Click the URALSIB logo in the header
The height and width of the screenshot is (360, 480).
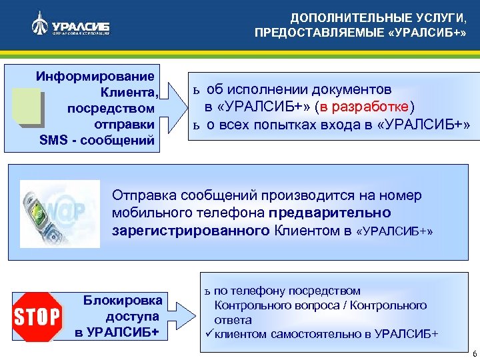pos(70,26)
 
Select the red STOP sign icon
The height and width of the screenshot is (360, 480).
pos(38,316)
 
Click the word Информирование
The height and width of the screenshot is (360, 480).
pos(95,75)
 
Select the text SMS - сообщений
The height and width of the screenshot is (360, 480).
pos(97,141)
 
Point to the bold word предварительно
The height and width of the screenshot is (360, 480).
pos(330,213)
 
